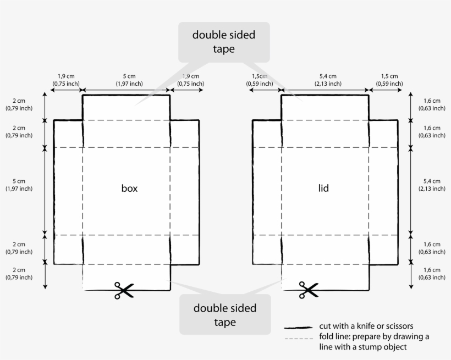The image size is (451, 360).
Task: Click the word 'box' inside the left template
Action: pyautogui.click(x=129, y=189)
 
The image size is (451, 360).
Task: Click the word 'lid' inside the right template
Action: pyautogui.click(x=323, y=189)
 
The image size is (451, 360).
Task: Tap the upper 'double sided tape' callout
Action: pyautogui.click(x=224, y=42)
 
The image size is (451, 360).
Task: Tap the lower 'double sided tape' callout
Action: pyautogui.click(x=225, y=314)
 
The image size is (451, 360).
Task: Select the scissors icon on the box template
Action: pyautogui.click(x=124, y=290)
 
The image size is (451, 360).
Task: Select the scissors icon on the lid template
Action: pyautogui.click(x=309, y=290)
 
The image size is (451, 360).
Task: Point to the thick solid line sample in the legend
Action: pyautogui.click(x=298, y=328)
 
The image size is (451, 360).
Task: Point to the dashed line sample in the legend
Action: pyautogui.click(x=299, y=339)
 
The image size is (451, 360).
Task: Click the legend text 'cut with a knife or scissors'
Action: pyautogui.click(x=366, y=326)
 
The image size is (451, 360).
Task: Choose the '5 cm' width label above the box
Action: pyautogui.click(x=129, y=76)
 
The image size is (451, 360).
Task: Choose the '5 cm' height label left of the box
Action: pyautogui.click(x=19, y=181)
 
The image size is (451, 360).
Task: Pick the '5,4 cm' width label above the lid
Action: pyautogui.click(x=328, y=76)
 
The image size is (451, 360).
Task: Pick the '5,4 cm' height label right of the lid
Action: pyautogui.click(x=432, y=181)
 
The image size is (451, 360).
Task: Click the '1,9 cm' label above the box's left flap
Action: pyautogui.click(x=66, y=76)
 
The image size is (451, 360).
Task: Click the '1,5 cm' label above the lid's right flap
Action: pyautogui.click(x=389, y=76)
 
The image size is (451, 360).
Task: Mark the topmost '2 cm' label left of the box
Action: pyautogui.click(x=19, y=101)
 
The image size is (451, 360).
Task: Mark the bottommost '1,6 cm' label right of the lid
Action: pyautogui.click(x=432, y=270)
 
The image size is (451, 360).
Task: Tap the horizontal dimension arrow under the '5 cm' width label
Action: pyautogui.click(x=127, y=90)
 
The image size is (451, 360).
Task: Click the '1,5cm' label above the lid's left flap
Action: pyautogui.click(x=260, y=76)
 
